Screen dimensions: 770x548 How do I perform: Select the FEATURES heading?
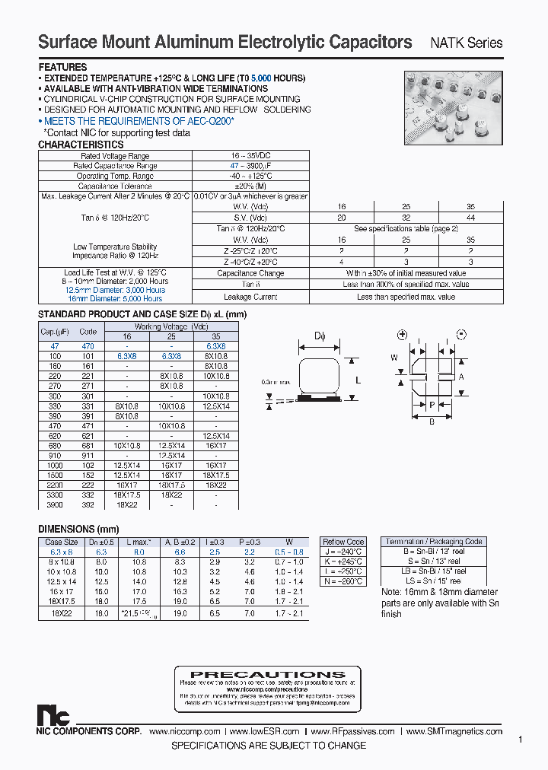click(62, 67)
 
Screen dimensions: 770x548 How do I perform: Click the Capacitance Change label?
click(250, 273)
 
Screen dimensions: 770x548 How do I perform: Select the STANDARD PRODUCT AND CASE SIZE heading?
click(142, 314)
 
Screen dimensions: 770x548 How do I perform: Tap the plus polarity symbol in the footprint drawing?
click(402, 336)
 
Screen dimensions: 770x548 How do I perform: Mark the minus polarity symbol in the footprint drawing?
click(461, 336)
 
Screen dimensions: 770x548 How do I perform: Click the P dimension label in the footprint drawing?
click(432, 405)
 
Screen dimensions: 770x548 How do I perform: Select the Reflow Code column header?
click(343, 542)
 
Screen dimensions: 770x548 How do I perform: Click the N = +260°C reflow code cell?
click(343, 581)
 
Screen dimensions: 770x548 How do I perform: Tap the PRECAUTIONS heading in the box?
click(267, 674)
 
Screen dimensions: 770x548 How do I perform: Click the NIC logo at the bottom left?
click(53, 715)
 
